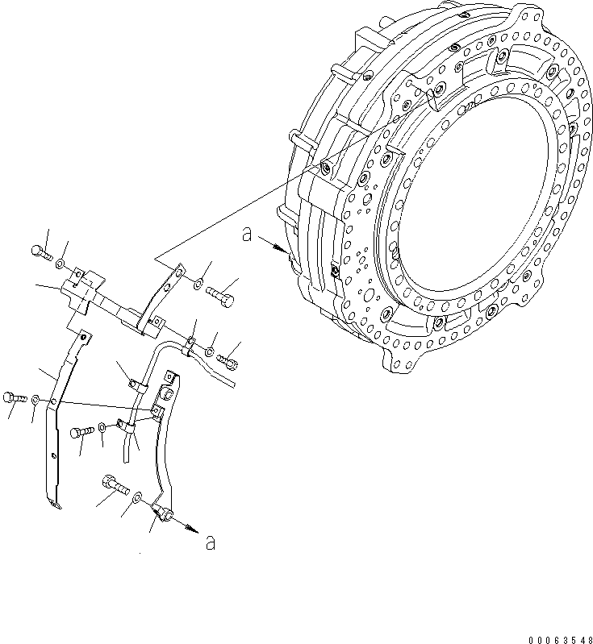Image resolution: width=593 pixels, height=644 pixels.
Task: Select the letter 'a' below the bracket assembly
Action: tap(210, 542)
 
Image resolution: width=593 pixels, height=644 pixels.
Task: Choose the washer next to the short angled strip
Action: tap(198, 284)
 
